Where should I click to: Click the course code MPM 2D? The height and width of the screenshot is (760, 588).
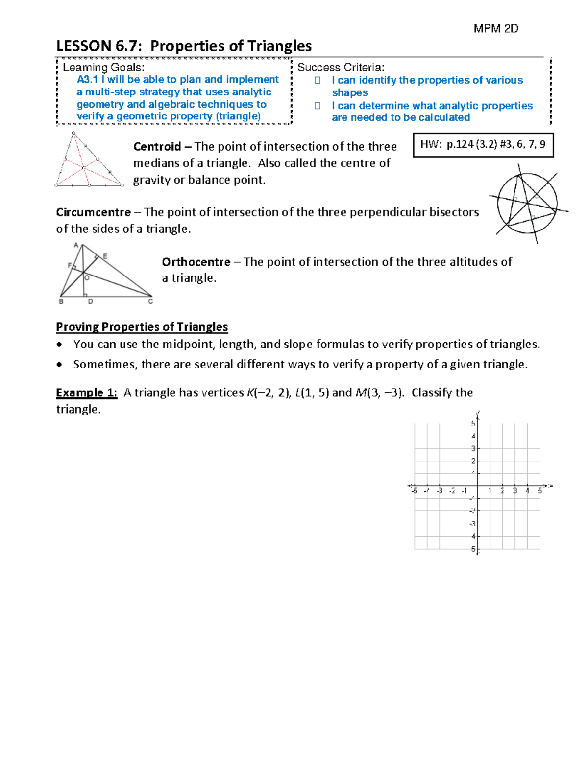495,29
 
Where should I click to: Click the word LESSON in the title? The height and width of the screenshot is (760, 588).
84,46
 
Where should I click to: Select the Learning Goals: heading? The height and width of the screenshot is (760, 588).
103,68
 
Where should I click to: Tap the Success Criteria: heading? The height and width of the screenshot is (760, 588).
341,68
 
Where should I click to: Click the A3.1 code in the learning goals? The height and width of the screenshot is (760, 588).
87,80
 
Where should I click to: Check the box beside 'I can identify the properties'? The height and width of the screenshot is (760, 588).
318,80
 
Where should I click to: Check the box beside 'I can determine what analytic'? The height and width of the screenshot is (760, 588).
318,106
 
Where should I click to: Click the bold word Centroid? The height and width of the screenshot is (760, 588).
157,147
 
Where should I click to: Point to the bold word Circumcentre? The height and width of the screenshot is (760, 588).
93,212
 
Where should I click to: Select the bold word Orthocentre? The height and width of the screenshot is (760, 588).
196,262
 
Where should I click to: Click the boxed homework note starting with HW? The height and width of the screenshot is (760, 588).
483,145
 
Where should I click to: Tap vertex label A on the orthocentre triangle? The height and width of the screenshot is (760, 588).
76,245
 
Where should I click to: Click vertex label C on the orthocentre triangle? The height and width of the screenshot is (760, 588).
150,302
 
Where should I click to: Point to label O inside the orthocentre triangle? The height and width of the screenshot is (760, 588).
87,278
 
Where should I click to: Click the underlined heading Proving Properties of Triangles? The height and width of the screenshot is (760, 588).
142,327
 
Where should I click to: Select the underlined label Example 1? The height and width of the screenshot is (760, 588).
86,393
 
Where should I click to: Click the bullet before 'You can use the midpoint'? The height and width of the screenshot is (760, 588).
59,345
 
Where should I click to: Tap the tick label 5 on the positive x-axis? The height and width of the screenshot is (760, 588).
540,491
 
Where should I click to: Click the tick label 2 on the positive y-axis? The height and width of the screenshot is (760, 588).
473,461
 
